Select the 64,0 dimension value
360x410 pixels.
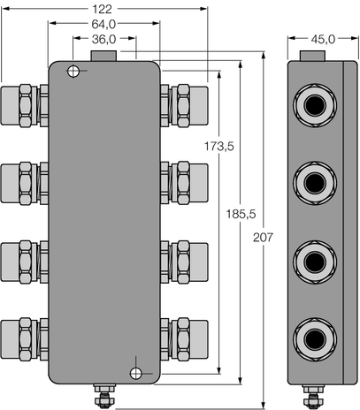(104, 25)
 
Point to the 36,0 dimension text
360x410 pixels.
(104, 40)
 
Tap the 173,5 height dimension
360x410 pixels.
(218, 147)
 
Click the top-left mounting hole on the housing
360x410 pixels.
(75, 72)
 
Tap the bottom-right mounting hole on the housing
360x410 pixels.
(135, 372)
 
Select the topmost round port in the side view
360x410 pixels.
(314, 106)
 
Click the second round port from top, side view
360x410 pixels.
(314, 183)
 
